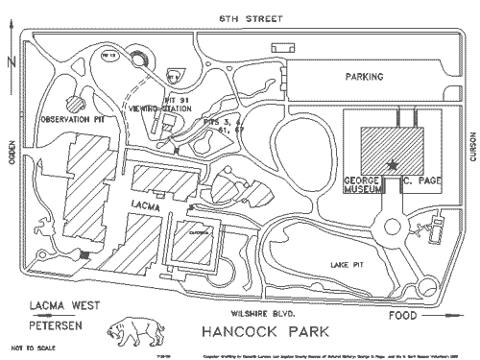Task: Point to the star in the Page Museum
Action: click(391, 165)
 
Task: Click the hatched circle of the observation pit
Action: click(74, 102)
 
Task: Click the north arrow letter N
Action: click(9, 60)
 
